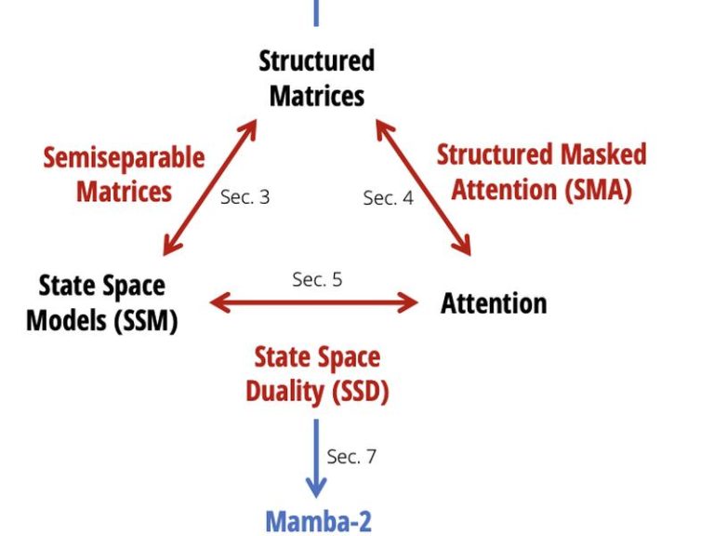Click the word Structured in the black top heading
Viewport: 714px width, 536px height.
pyautogui.click(x=317, y=60)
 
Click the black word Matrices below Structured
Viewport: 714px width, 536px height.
pyautogui.click(x=317, y=96)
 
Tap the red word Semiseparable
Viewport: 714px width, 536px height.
pyautogui.click(x=124, y=158)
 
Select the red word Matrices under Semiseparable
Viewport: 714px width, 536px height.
pyautogui.click(x=124, y=191)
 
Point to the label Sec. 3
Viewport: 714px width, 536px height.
pyautogui.click(x=245, y=197)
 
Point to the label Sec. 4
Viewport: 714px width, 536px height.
pyautogui.click(x=389, y=198)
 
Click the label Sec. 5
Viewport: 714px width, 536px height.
pyautogui.click(x=317, y=279)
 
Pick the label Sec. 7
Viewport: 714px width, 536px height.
pyautogui.click(x=351, y=456)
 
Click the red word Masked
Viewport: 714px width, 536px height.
pyautogui.click(x=603, y=154)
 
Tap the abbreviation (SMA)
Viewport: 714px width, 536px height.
pyautogui.click(x=599, y=189)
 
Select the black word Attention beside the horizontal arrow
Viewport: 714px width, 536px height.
pyautogui.click(x=494, y=303)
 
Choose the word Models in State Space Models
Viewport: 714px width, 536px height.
pyautogui.click(x=67, y=320)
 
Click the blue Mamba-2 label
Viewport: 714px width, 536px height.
pyautogui.click(x=318, y=522)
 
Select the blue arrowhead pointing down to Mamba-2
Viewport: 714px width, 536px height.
pyautogui.click(x=316, y=488)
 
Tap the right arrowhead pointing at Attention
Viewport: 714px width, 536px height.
pyautogui.click(x=407, y=302)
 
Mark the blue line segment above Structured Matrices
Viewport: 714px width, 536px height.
pyautogui.click(x=316, y=13)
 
